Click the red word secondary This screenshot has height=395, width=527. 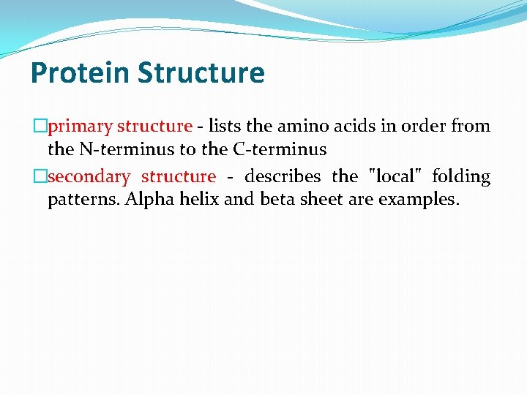tap(89, 177)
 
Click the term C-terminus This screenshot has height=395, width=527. tap(280, 150)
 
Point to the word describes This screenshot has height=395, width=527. tap(283, 177)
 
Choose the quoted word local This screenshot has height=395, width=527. tap(395, 177)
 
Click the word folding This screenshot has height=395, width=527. tap(461, 177)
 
